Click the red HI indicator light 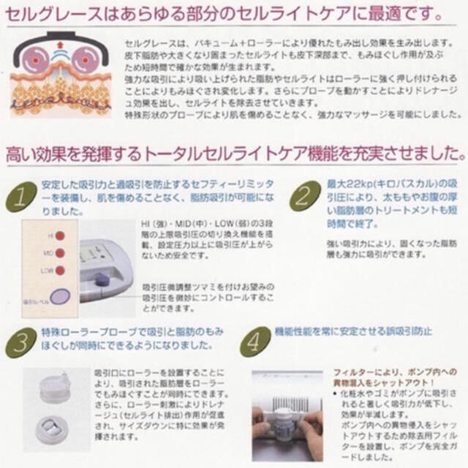[60, 236]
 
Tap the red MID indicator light [60, 254]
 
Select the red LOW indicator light [60, 271]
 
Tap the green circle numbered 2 [299, 195]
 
